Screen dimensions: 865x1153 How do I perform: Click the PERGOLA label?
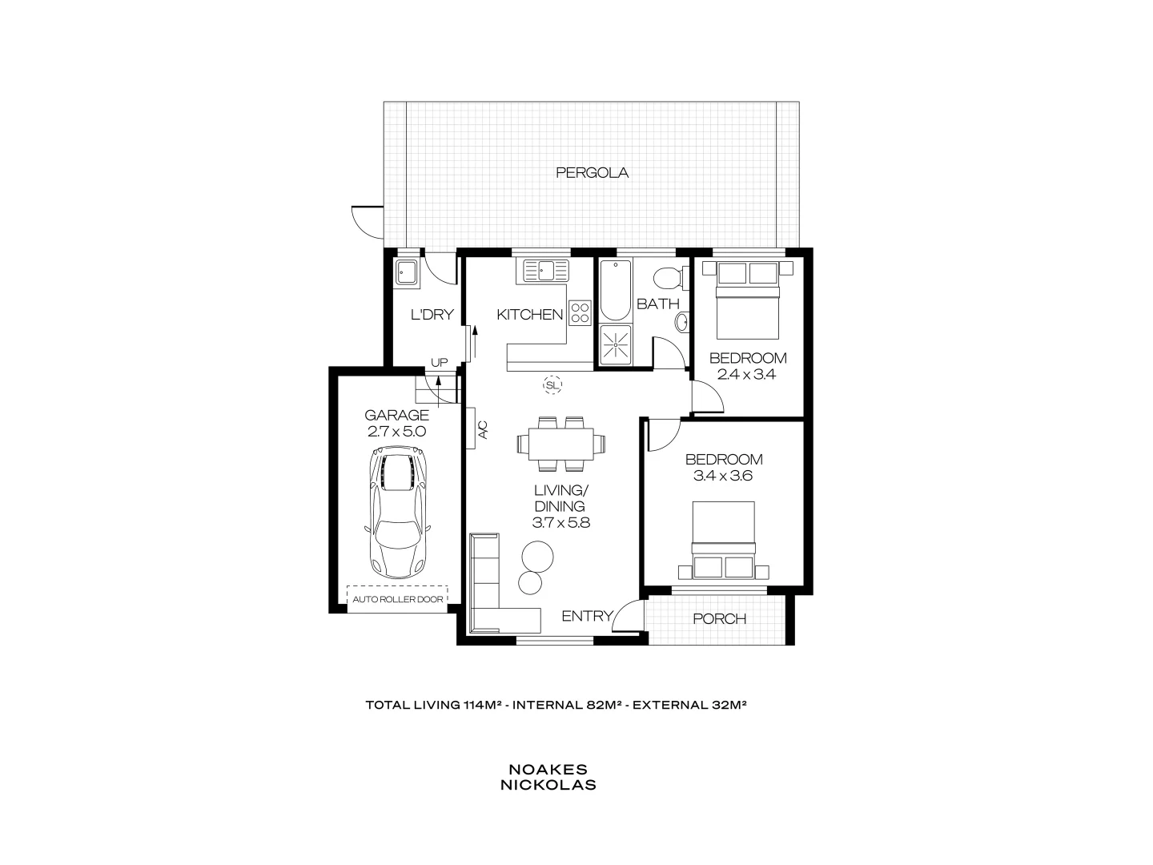[x=592, y=172]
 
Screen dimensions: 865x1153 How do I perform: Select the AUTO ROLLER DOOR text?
[x=398, y=599]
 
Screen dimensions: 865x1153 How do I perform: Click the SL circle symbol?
[x=552, y=385]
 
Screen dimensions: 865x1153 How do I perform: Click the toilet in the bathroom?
[x=667, y=279]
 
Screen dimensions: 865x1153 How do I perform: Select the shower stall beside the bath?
[x=614, y=345]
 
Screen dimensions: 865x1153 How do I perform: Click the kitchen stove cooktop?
[x=580, y=312]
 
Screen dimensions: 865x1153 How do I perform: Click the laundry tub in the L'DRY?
[x=407, y=272]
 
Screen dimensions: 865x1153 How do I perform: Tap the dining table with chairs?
[x=560, y=443]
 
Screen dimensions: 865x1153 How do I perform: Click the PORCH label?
[x=719, y=618]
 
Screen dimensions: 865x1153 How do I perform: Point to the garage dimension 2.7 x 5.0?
[x=397, y=431]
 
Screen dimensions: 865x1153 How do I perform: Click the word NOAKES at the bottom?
[x=548, y=769]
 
